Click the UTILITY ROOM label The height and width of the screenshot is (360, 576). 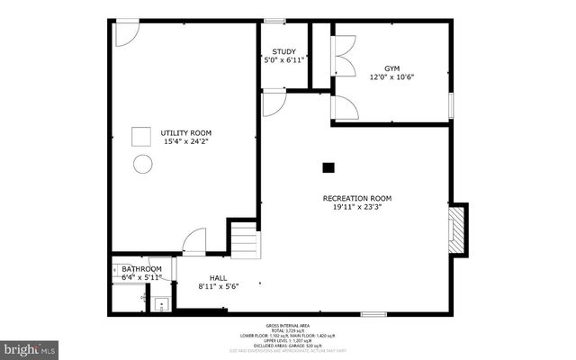coord(187,132)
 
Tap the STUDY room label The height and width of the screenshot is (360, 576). coord(284,51)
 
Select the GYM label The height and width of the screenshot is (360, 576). coord(391,68)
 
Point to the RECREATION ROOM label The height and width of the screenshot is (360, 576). coord(357,198)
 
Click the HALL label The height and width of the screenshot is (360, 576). coord(218,278)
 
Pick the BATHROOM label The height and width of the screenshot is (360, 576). coord(141,269)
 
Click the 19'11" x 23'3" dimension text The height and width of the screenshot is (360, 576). coord(357,207)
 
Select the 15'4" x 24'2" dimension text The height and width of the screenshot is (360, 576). coord(187,141)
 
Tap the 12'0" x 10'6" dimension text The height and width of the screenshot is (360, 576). coord(391,77)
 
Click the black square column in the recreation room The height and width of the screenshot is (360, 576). coord(328,166)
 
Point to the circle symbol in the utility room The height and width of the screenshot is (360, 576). coord(142,164)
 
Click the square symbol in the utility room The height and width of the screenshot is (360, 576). coord(142,136)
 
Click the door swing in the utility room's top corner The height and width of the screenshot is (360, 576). coord(126,33)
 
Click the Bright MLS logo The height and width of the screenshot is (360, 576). coord(29,346)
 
